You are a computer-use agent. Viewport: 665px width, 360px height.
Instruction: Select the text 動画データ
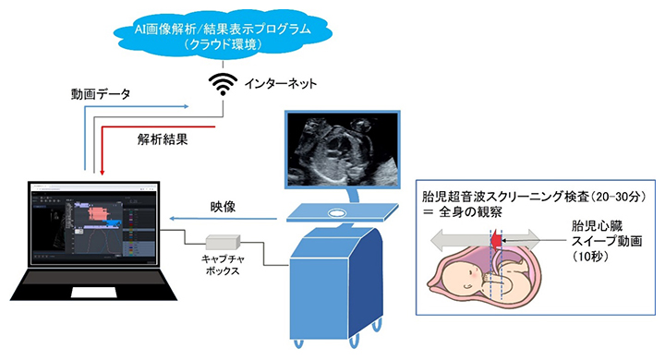(100, 94)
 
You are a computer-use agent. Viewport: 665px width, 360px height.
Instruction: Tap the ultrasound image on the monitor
(344, 148)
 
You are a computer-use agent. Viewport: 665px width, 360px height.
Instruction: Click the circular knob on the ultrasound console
(338, 211)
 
